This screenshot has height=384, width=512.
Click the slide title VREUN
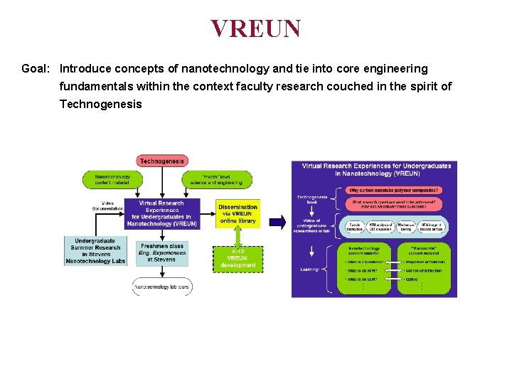[255, 28]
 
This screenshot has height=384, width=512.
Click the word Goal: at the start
[36, 69]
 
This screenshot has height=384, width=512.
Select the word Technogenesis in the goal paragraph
[100, 105]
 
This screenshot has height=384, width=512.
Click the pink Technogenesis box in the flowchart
[162, 161]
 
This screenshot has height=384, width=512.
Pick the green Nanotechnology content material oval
[112, 179]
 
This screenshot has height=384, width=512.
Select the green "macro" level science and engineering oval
[216, 179]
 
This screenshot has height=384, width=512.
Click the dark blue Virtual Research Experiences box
[162, 213]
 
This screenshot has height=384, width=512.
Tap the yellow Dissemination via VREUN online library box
[238, 213]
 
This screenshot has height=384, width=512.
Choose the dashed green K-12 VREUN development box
[238, 258]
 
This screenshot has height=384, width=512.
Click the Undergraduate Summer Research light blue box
[97, 251]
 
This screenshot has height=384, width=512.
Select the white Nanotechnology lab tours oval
[162, 287]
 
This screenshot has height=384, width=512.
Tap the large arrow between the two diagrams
[277, 223]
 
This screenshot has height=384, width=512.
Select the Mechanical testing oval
[406, 227]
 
